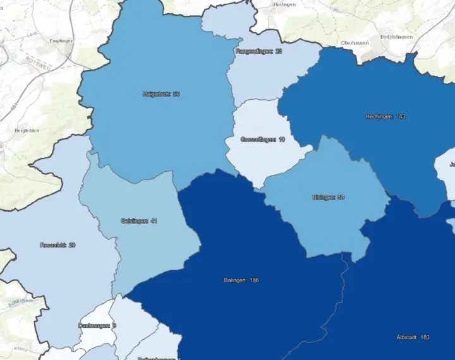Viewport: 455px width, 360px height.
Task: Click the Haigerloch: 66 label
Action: click(x=161, y=94)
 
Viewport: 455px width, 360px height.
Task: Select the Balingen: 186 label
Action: click(x=241, y=280)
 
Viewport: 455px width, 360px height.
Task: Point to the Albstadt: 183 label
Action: click(x=412, y=337)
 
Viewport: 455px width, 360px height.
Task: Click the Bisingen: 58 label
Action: click(x=328, y=197)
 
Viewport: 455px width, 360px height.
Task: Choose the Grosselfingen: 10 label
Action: click(x=262, y=139)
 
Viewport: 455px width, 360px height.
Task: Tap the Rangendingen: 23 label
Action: click(x=258, y=51)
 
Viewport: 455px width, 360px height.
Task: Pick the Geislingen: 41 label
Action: click(x=138, y=220)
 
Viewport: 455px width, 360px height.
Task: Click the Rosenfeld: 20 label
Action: click(x=58, y=244)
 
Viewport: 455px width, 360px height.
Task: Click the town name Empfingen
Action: click(x=61, y=40)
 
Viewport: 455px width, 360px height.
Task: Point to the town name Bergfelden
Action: click(x=27, y=130)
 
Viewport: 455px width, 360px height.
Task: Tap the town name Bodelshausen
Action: click(x=396, y=37)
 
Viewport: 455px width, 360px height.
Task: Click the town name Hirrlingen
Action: click(x=284, y=4)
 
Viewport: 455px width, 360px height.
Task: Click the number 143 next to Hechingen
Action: click(x=401, y=116)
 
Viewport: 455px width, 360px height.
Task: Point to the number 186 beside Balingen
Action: click(x=254, y=280)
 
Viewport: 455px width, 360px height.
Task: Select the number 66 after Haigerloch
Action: click(x=176, y=94)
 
